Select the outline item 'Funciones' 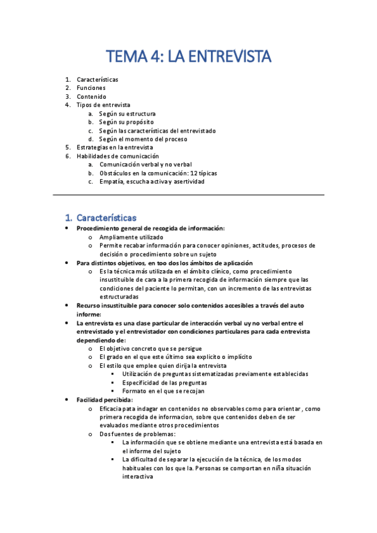pos(91,88)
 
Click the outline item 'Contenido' pos(92,97)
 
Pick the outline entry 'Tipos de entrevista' pos(104,105)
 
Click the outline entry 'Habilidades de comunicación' pos(118,156)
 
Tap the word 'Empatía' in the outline pos(111,182)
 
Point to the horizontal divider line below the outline pos(188,195)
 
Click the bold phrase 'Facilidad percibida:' pos(104,400)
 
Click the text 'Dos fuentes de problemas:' pos(137,434)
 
